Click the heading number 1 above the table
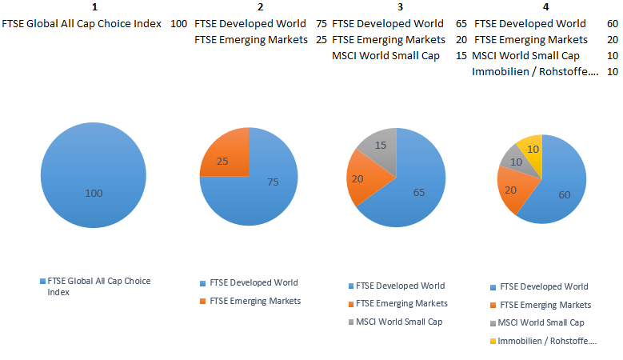[94, 7]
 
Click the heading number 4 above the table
[545, 7]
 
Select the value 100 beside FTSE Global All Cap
[179, 23]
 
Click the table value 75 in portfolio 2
[321, 23]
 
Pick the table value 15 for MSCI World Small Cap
[461, 55]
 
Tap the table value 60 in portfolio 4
[613, 23]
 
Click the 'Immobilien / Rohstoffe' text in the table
[535, 71]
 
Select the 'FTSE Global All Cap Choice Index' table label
[82, 23]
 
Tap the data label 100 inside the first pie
[94, 193]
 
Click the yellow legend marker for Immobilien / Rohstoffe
[493, 342]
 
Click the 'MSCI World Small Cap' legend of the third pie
[398, 322]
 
